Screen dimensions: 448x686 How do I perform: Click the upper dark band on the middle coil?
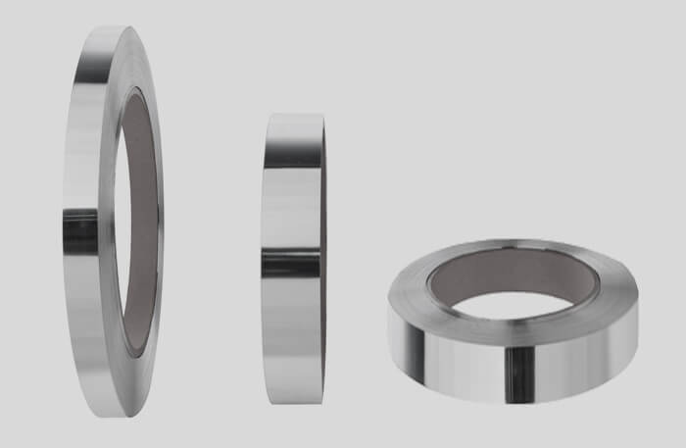pyautogui.click(x=293, y=158)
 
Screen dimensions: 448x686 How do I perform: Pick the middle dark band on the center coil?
pyautogui.click(x=291, y=262)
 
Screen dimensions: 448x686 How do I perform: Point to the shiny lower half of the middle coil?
pyautogui.click(x=291, y=333)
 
